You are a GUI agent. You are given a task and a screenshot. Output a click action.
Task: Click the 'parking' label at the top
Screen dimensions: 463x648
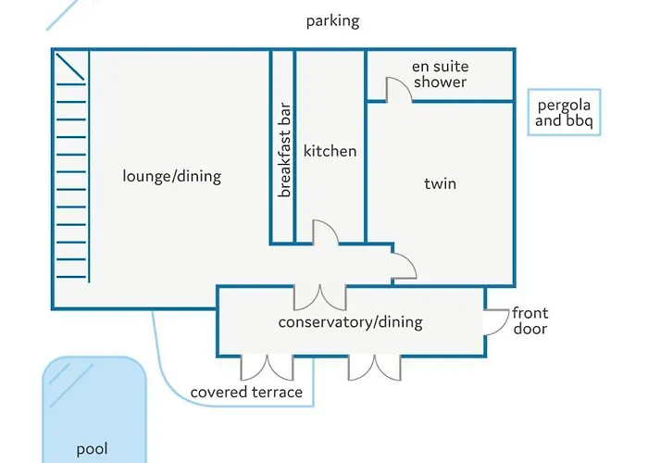pyautogui.click(x=332, y=21)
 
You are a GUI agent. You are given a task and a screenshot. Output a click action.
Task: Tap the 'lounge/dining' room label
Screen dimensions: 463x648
pyautogui.click(x=172, y=175)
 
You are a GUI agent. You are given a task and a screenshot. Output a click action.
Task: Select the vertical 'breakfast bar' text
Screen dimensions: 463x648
pyautogui.click(x=285, y=150)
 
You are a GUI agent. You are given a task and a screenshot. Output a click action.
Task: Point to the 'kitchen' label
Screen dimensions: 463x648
pyautogui.click(x=330, y=151)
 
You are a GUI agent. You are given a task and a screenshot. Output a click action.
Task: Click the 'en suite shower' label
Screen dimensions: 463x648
pyautogui.click(x=440, y=74)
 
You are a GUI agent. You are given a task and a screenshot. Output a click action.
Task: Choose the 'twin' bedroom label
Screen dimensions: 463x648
pyautogui.click(x=440, y=183)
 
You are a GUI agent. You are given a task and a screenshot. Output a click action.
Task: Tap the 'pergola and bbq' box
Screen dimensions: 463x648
pyautogui.click(x=565, y=113)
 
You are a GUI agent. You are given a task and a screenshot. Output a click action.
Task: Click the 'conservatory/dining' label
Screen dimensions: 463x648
pyautogui.click(x=350, y=322)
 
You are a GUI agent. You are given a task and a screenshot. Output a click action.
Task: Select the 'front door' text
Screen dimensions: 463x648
pyautogui.click(x=529, y=321)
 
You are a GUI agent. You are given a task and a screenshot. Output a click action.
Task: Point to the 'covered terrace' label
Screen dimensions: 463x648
pyautogui.click(x=246, y=392)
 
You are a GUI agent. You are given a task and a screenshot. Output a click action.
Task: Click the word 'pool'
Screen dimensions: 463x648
pyautogui.click(x=92, y=449)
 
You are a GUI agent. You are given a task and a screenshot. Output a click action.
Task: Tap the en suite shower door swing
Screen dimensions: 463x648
pyautogui.click(x=396, y=88)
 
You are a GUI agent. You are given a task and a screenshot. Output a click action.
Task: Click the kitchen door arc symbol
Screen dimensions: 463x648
pyautogui.click(x=326, y=232)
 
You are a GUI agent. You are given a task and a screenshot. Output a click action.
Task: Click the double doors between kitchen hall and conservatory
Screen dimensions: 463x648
pyautogui.click(x=319, y=297)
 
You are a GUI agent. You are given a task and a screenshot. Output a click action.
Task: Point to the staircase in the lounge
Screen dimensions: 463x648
pyautogui.click(x=71, y=167)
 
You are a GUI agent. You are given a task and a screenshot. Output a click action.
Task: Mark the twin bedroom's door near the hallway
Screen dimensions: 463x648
pyautogui.click(x=404, y=264)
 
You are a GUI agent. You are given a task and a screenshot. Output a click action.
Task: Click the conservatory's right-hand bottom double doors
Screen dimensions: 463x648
pyautogui.click(x=374, y=368)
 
